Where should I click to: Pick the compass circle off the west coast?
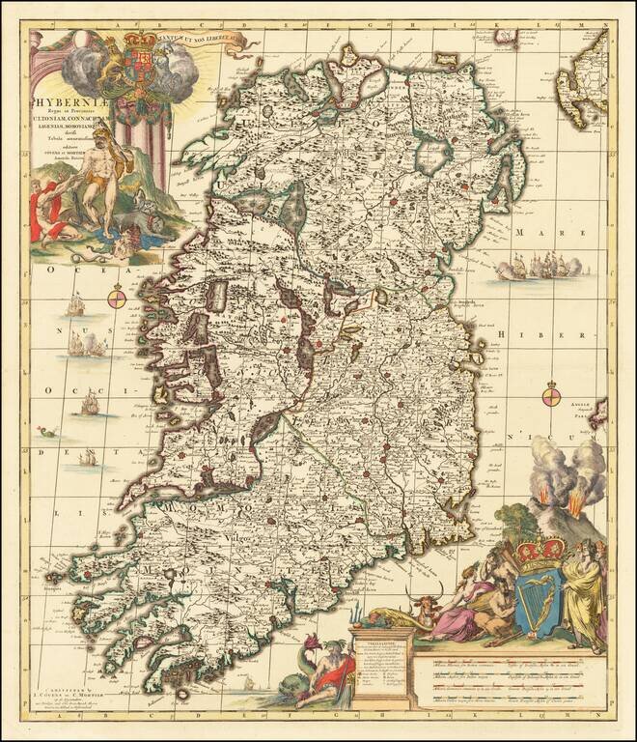tap(116, 300)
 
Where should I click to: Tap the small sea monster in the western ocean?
tap(46, 432)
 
